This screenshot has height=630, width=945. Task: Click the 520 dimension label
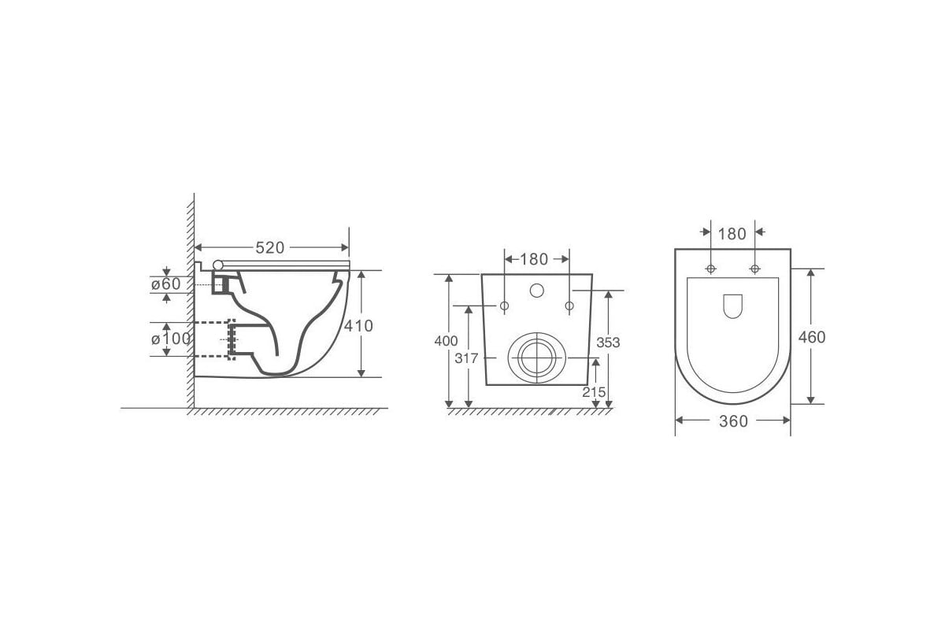click(269, 248)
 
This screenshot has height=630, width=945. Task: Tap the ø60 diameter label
click(166, 284)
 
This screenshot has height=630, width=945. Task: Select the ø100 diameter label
click(171, 339)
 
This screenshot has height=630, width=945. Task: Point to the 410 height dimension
click(358, 326)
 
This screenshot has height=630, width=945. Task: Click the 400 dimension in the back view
click(446, 340)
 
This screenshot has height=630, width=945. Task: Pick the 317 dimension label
click(466, 358)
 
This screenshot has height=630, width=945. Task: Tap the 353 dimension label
click(608, 343)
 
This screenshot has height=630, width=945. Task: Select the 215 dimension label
click(594, 392)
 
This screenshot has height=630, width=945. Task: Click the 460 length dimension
click(812, 337)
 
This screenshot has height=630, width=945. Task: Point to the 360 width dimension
click(734, 421)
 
